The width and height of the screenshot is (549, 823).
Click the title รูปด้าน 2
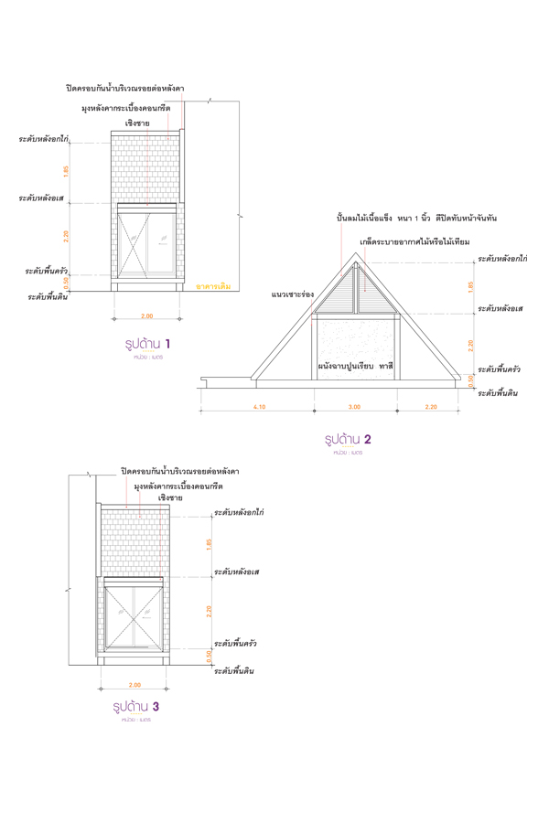click(347, 439)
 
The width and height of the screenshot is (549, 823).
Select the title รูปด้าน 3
click(136, 707)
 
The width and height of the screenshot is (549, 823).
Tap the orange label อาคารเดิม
click(213, 286)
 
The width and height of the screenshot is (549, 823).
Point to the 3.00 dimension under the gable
click(355, 407)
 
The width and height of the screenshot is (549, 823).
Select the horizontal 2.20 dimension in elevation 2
click(431, 407)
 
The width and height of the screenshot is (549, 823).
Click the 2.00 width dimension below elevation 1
click(145, 317)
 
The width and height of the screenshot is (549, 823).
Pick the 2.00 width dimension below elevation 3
click(135, 685)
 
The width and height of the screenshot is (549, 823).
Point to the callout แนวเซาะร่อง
click(293, 295)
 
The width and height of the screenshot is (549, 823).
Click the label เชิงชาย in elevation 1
click(137, 123)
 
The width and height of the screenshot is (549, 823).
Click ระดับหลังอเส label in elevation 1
click(45, 197)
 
